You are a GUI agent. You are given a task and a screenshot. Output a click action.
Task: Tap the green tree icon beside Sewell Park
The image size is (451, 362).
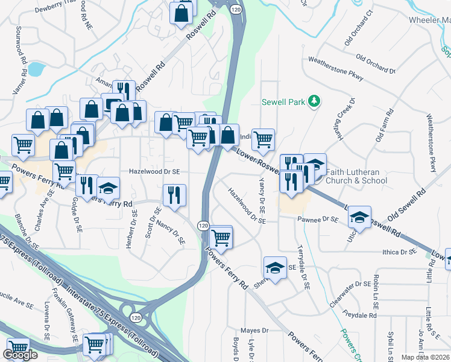pos(314,101)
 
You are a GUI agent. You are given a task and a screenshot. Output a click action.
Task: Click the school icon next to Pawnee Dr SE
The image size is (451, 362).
pos(359,217)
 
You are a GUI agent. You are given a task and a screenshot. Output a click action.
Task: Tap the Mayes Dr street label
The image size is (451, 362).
pos(254,331)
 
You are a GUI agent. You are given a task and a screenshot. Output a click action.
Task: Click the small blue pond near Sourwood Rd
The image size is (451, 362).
pos(36,69)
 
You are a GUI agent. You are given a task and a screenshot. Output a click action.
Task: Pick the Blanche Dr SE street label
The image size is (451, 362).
pos(27,232)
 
